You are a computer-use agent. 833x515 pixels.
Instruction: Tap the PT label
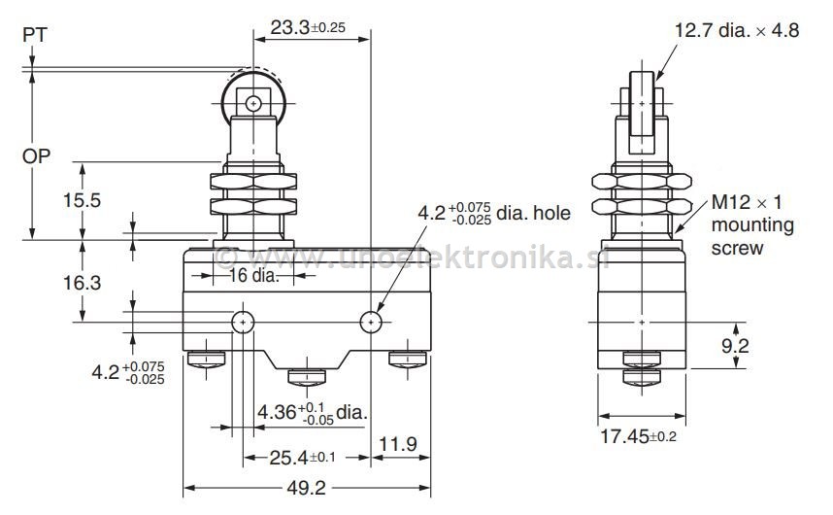coord(33,34)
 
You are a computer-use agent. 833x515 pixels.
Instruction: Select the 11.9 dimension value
coord(398,444)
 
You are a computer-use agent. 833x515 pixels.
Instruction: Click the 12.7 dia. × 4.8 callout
coord(737,30)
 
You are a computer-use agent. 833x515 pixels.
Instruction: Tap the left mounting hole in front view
coord(242,322)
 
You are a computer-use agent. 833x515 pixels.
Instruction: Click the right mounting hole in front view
coord(371,322)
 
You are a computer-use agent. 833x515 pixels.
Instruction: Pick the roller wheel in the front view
coord(253,102)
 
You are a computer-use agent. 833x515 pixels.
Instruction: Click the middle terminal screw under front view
coord(307,374)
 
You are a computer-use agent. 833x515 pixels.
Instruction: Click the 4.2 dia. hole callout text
coord(494,213)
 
